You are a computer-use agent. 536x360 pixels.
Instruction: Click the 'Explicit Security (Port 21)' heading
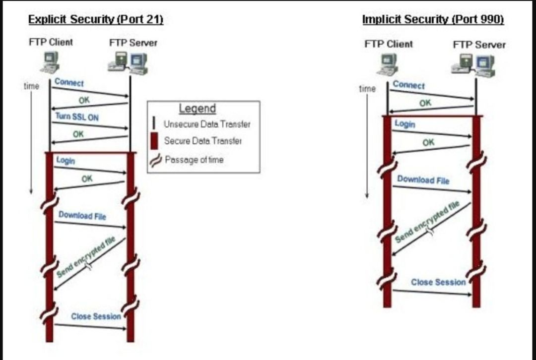click(96, 19)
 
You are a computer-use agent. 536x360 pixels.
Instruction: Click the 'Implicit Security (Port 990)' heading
click(433, 19)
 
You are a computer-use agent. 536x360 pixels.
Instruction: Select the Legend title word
click(197, 109)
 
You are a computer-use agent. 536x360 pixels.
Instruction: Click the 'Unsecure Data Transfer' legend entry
click(207, 124)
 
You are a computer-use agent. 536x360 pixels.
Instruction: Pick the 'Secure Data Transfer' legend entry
click(203, 141)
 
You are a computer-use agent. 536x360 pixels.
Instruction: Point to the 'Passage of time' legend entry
click(194, 160)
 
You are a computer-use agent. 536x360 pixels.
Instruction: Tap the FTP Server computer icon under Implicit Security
click(473, 64)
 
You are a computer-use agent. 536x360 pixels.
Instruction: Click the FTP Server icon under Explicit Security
click(128, 62)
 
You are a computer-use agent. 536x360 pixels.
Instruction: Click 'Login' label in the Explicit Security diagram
click(66, 161)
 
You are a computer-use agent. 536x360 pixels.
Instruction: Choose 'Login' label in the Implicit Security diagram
click(404, 123)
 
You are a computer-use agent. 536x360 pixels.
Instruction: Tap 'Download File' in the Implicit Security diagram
click(423, 180)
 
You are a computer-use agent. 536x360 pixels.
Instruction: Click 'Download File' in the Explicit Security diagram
click(82, 216)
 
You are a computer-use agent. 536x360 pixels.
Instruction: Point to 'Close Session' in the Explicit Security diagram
click(96, 316)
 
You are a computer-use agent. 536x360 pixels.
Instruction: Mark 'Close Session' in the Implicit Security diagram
click(438, 282)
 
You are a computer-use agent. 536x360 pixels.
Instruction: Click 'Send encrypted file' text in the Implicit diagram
click(427, 223)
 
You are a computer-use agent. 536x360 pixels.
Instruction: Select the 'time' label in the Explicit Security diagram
click(31, 86)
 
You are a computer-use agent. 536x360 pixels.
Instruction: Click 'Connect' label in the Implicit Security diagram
click(408, 85)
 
